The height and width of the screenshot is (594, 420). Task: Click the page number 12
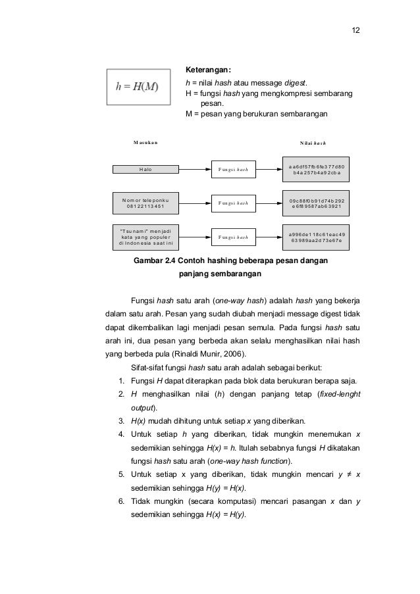(x=355, y=31)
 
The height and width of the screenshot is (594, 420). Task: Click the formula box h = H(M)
(x=137, y=86)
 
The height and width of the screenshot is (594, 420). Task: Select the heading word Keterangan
(x=207, y=70)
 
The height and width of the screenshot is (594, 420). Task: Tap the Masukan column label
(x=145, y=142)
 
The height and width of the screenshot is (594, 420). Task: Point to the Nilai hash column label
(x=314, y=143)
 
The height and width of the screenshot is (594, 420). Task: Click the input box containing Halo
(x=145, y=169)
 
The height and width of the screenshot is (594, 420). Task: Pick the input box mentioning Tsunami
(x=145, y=237)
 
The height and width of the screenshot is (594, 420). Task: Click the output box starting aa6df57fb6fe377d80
(x=316, y=170)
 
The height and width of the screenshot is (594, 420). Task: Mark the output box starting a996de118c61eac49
(x=316, y=237)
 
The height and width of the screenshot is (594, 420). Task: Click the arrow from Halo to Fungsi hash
(x=194, y=169)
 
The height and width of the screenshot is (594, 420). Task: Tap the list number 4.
(x=121, y=433)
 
